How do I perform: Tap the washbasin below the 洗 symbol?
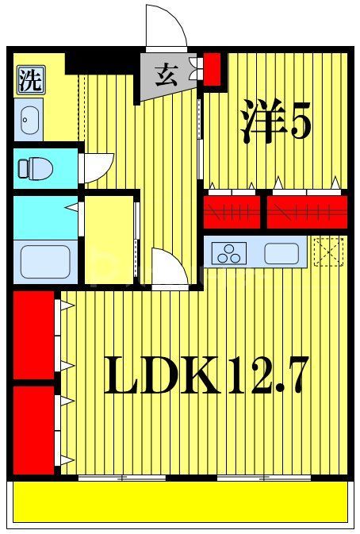28,121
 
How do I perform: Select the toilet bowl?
35,168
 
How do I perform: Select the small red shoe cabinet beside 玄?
213,68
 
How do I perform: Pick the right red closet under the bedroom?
306,210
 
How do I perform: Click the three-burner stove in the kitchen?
231,254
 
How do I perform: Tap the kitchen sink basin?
281,254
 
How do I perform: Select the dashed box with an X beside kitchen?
327,252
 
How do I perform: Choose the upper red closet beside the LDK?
33,336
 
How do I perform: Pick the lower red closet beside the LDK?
33,429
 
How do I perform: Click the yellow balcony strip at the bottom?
180,503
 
